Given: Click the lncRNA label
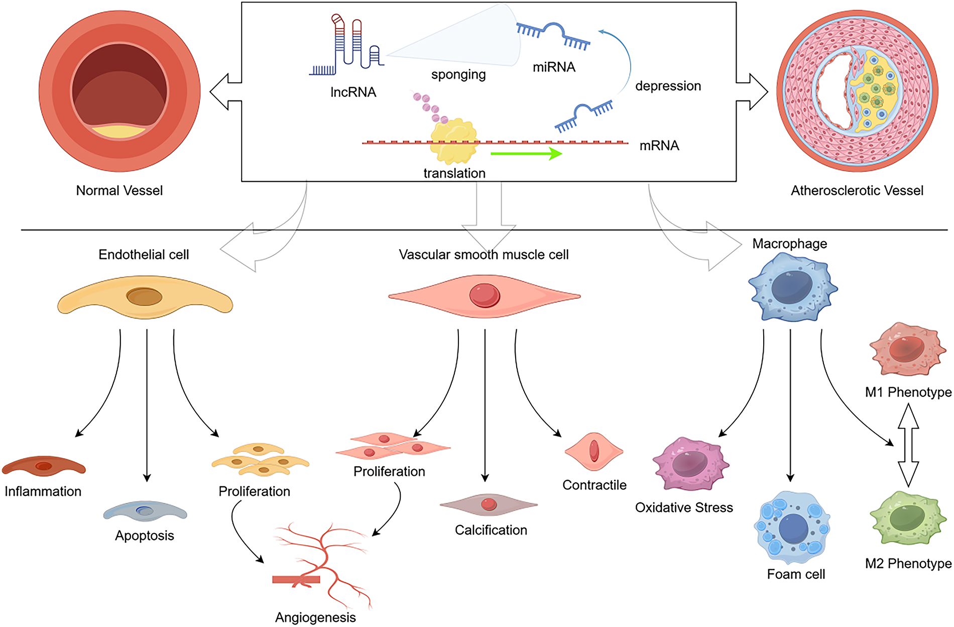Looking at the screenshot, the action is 353,92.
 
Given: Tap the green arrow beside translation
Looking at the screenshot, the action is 526,153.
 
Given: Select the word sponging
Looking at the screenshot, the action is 458,75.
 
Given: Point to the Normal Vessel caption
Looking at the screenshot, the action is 120,190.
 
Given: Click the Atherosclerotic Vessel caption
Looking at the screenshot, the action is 857,190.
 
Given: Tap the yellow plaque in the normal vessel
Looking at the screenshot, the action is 120,132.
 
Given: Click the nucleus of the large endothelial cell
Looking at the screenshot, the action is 144,296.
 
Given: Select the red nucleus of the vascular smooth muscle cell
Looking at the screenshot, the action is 485,295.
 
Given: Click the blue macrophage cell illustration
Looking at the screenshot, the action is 792,287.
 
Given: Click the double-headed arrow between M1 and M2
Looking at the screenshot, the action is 908,445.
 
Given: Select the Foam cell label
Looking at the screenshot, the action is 796,574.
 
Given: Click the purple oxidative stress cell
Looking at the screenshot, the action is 691,464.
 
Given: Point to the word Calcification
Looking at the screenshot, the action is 491,530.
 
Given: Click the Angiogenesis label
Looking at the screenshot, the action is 315,617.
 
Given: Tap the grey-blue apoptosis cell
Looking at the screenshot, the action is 145,511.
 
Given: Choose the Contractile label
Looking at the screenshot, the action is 594,485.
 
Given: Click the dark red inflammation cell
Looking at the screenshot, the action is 44,466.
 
